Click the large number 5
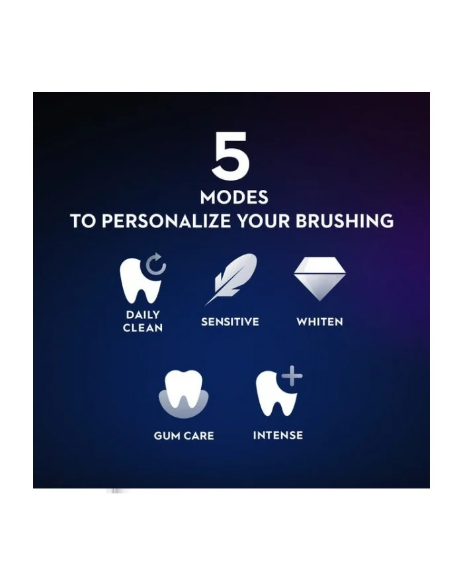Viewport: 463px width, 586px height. pyautogui.click(x=231, y=156)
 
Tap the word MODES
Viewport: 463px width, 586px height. pyautogui.click(x=234, y=197)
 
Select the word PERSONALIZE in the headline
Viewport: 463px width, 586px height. pyautogui.click(x=166, y=221)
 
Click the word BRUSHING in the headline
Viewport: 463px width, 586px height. pyautogui.click(x=345, y=221)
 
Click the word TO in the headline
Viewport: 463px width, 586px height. pyautogui.click(x=83, y=221)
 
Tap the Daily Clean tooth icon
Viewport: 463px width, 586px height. pyautogui.click(x=140, y=280)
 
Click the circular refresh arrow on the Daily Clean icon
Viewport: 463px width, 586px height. pyautogui.click(x=155, y=264)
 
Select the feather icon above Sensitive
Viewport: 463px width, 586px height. pyautogui.click(x=232, y=278)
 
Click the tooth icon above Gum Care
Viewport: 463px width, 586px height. pyautogui.click(x=183, y=390)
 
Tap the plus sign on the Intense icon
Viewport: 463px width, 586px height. pyautogui.click(x=292, y=376)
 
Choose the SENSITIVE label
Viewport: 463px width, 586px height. pyautogui.click(x=230, y=322)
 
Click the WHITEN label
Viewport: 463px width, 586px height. pyautogui.click(x=319, y=322)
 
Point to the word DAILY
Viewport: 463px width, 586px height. pyautogui.click(x=143, y=315)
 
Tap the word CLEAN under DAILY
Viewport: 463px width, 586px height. pyautogui.click(x=143, y=328)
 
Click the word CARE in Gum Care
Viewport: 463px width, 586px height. pyautogui.click(x=199, y=436)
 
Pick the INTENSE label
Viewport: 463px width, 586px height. pyautogui.click(x=278, y=435)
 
